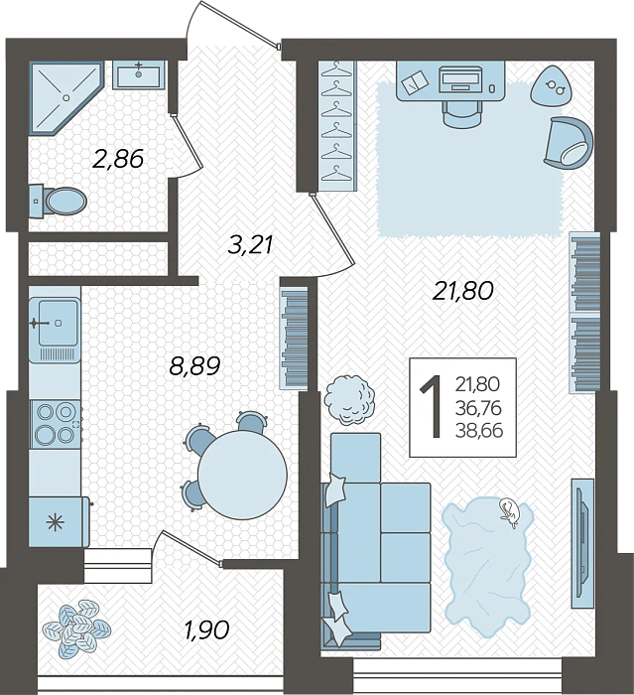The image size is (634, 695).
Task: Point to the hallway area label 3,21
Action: (249, 244)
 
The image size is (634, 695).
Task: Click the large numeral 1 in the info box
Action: (432, 407)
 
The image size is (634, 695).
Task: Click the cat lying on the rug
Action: (509, 510)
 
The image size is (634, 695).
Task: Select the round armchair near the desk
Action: (565, 140)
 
